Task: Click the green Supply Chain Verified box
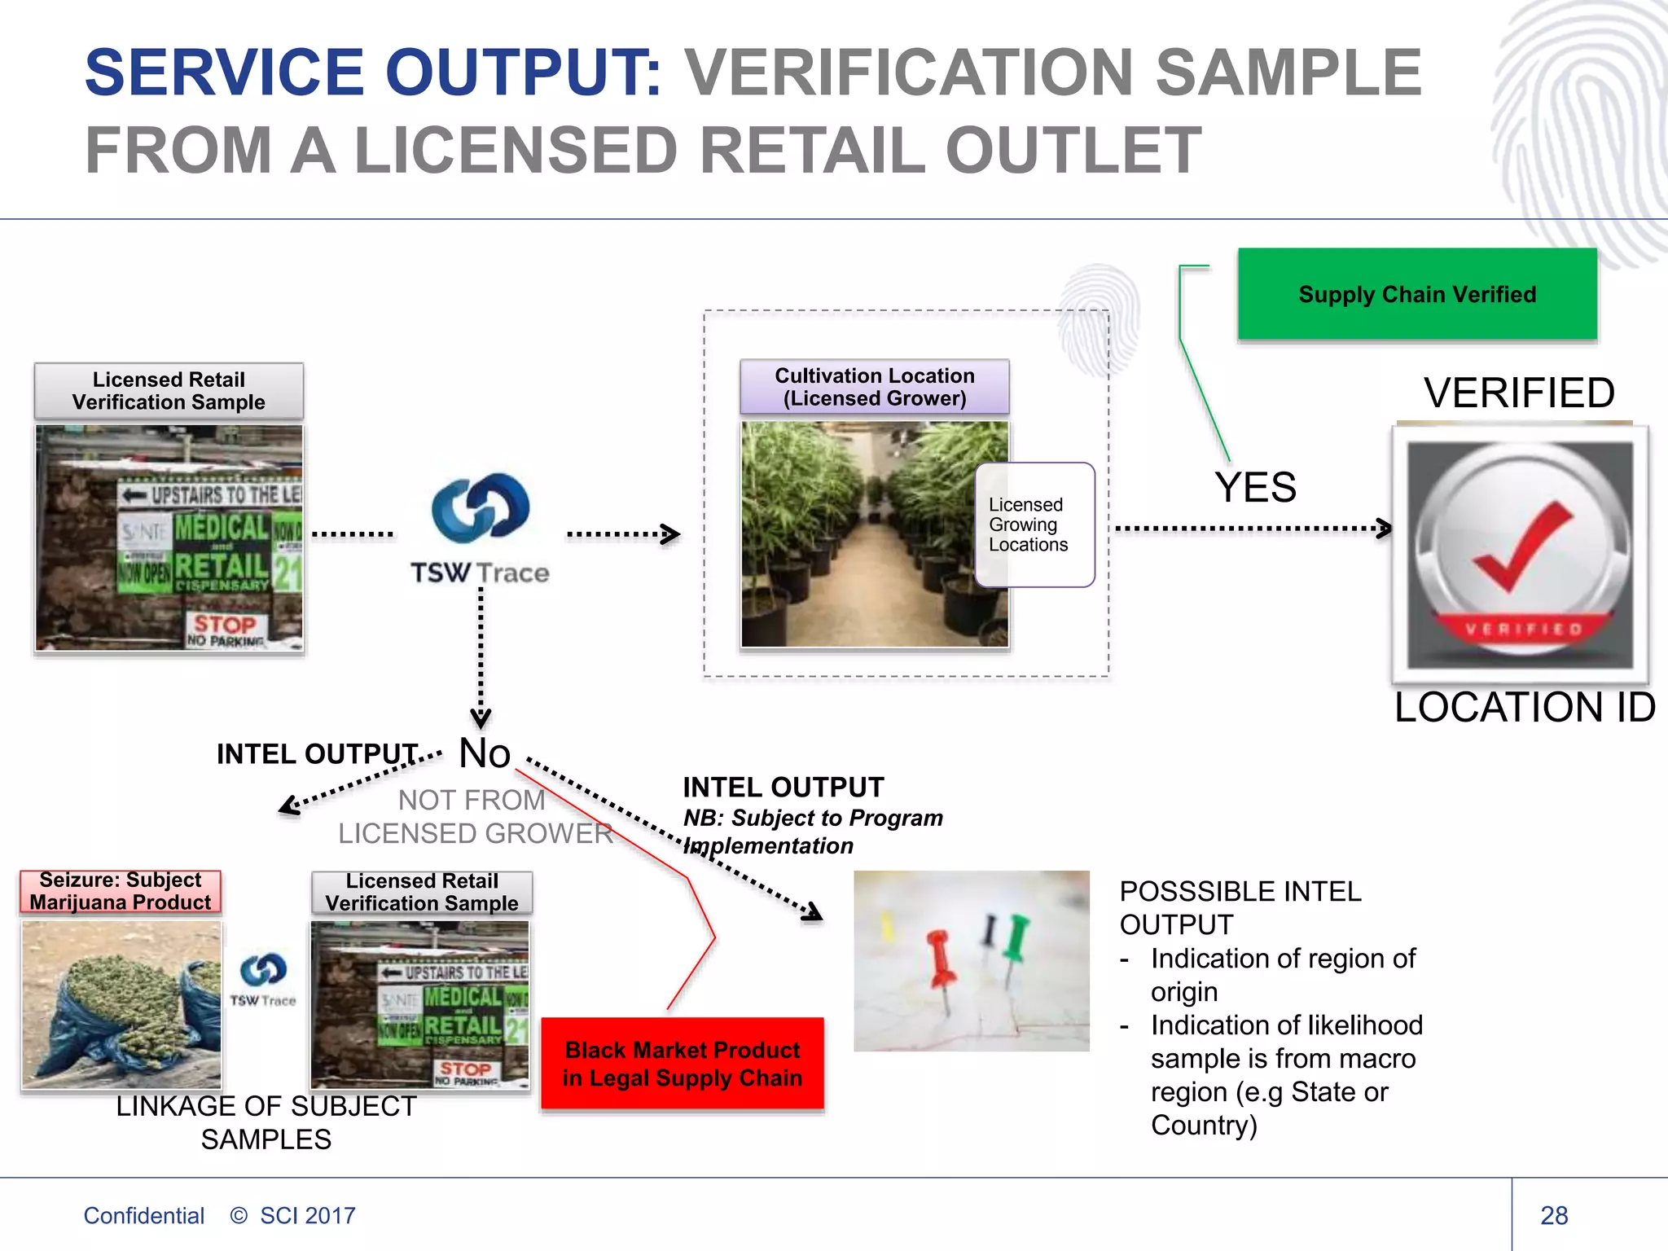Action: point(1417,294)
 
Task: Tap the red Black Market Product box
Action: point(683,1064)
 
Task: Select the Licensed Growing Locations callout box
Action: point(1034,525)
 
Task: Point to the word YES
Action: point(1255,487)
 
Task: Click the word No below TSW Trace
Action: point(485,753)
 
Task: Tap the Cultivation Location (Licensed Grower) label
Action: point(874,387)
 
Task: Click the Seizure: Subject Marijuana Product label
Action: point(121,891)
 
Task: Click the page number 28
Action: point(1554,1215)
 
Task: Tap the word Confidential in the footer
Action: point(143,1215)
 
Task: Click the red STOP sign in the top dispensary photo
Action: point(225,625)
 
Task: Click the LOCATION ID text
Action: point(1524,707)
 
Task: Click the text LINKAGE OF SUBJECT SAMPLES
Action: point(266,1122)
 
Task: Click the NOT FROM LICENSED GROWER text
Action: point(475,817)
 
